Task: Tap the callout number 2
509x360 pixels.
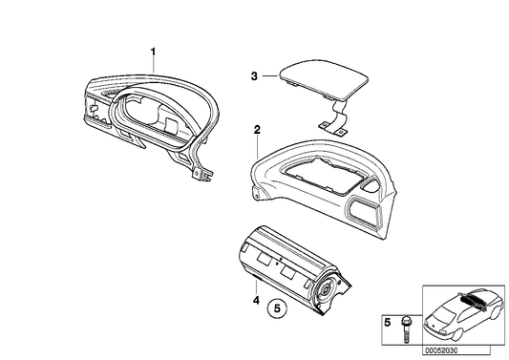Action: click(256, 128)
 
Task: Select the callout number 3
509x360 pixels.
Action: click(254, 75)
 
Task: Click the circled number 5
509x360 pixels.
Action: click(276, 308)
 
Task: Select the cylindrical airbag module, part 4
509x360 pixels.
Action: click(286, 267)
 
